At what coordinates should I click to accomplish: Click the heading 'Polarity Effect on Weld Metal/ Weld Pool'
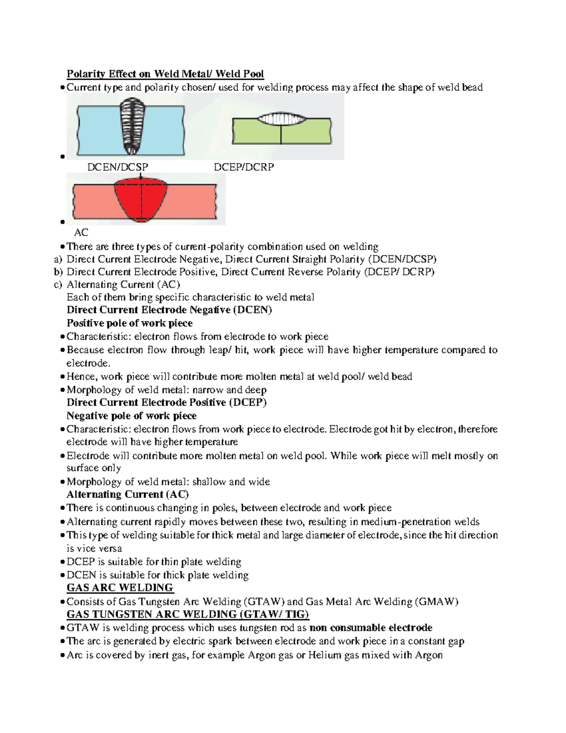coord(165,74)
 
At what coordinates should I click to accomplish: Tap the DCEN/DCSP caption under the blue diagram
coord(117,167)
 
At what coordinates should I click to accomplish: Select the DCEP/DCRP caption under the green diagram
coord(244,167)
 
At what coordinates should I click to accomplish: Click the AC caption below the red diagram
coord(81,232)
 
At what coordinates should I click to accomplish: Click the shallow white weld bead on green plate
coord(281,118)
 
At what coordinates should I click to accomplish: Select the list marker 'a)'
coord(58,259)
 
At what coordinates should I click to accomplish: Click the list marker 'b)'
coord(58,272)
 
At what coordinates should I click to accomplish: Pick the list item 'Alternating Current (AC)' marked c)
coord(123,285)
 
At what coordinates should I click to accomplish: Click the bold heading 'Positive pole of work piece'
coord(129,323)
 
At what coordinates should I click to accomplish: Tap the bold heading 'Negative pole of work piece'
coord(131,416)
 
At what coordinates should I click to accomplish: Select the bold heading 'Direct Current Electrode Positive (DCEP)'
coord(166,403)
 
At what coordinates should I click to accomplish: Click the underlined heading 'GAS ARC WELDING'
coord(120,588)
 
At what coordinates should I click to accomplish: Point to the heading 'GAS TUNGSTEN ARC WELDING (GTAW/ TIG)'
coord(188,614)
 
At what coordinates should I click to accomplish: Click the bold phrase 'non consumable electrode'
coord(371,628)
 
